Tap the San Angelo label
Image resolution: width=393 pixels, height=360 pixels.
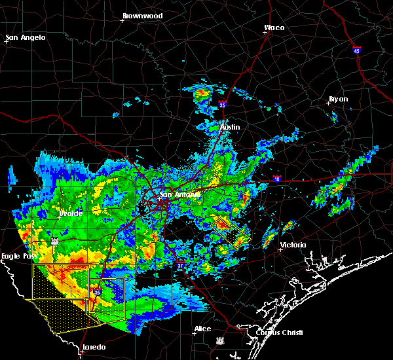pyautogui.click(x=26, y=37)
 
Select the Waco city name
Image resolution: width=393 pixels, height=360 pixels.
pyautogui.click(x=274, y=27)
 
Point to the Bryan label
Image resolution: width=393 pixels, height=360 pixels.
pyautogui.click(x=339, y=99)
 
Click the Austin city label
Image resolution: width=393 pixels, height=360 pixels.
pyautogui.click(x=230, y=126)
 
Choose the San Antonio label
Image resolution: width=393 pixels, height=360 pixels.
pyautogui.click(x=180, y=194)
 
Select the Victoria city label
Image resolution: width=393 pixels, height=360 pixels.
pyautogui.click(x=293, y=245)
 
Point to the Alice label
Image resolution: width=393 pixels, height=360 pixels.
pyautogui.click(x=202, y=329)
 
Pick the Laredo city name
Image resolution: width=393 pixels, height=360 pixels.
pyautogui.click(x=94, y=347)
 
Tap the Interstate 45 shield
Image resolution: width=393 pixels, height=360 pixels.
pyautogui.click(x=356, y=50)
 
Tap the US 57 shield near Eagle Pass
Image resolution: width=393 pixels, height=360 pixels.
pyautogui.click(x=56, y=241)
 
